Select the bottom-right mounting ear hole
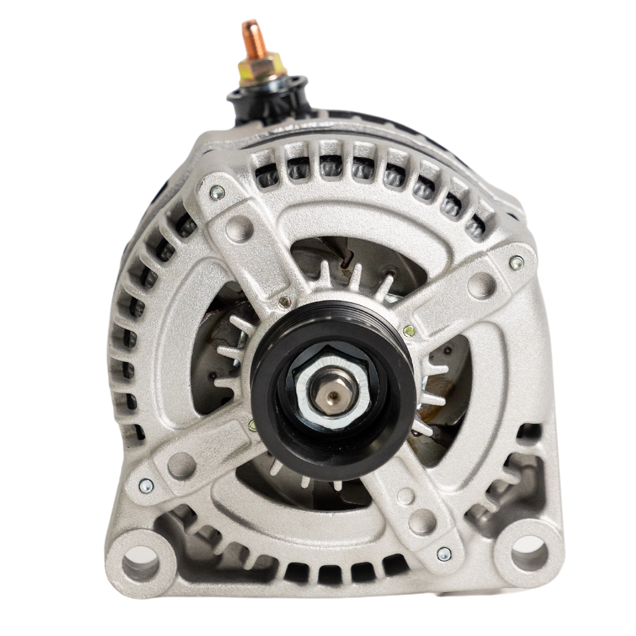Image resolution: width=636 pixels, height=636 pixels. [x=529, y=553]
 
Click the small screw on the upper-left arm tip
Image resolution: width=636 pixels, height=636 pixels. [x=217, y=193]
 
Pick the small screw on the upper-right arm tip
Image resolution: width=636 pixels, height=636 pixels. [x=516, y=263]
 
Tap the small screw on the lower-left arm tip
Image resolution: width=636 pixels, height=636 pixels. [x=146, y=486]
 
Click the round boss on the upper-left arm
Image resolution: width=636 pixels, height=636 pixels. [x=239, y=228]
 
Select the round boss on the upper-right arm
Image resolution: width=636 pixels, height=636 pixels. [x=481, y=286]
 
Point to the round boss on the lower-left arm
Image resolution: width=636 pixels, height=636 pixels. [x=181, y=465]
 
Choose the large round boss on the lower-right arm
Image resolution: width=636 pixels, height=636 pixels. [x=422, y=521]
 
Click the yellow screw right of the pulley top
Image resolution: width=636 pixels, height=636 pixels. [x=409, y=331]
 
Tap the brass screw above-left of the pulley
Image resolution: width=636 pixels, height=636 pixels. [x=284, y=302]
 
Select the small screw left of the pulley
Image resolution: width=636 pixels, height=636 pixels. [x=252, y=425]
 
